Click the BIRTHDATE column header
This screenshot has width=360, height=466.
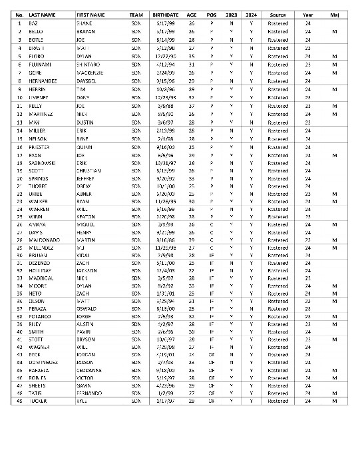[165, 13]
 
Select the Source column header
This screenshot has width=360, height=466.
[277, 13]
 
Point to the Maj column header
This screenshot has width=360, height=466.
[335, 13]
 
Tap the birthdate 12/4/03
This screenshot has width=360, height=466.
[164, 270]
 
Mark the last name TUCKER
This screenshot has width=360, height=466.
[39, 401]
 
